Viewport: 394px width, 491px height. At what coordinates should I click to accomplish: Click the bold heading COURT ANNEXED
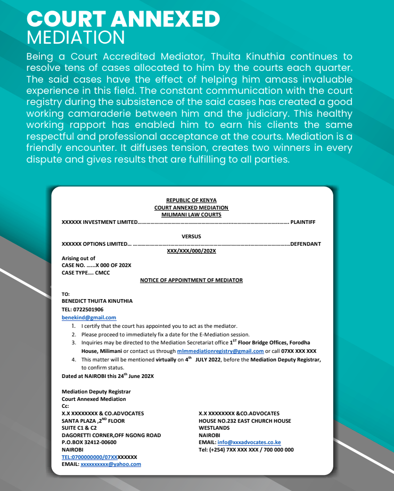123,19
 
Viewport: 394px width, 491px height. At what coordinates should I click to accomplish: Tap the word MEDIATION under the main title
76,38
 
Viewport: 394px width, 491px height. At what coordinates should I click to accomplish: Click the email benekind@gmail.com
89,317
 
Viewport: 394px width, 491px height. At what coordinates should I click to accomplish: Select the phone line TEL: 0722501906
83,309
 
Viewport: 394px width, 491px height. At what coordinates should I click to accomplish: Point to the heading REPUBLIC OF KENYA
191,200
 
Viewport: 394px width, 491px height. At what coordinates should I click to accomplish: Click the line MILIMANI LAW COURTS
191,214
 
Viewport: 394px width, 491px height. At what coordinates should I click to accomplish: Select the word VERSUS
191,236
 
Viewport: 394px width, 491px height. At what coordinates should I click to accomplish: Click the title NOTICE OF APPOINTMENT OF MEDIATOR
191,280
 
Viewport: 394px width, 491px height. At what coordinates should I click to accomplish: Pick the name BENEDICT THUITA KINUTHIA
97,301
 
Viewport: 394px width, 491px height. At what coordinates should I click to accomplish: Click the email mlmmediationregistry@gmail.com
220,351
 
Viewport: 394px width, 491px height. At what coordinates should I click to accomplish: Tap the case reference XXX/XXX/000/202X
191,251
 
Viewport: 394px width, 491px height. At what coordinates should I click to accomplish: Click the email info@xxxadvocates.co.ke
249,442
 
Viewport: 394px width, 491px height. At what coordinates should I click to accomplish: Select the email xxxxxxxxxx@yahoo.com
111,464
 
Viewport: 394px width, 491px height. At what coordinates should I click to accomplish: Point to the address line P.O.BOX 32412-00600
89,442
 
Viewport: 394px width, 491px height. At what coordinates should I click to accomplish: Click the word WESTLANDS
214,428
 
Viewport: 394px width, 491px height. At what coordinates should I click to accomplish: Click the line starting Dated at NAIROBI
108,376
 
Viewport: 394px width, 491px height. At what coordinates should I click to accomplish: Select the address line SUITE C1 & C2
79,428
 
